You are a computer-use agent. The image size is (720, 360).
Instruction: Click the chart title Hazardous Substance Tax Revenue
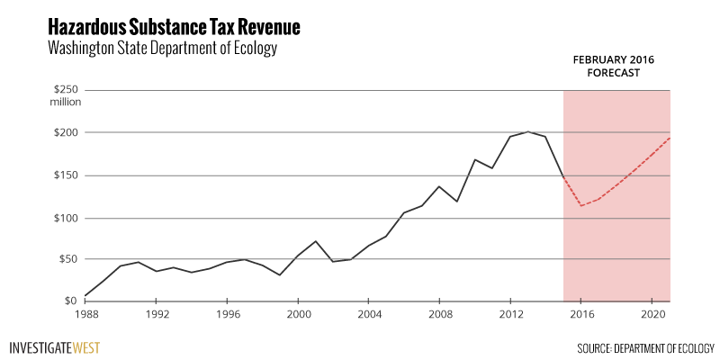(x=174, y=26)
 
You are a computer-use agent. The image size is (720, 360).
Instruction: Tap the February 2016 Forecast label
(x=614, y=66)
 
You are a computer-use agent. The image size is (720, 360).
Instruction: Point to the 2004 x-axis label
(x=368, y=316)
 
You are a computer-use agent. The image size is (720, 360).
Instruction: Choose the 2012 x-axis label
(x=509, y=316)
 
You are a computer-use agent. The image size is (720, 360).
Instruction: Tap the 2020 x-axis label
(x=651, y=316)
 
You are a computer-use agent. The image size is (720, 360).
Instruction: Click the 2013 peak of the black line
(x=527, y=131)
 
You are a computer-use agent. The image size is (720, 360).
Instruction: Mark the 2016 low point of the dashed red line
(x=580, y=206)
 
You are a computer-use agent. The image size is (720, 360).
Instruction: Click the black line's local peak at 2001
(x=315, y=241)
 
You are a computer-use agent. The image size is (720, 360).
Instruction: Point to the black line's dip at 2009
(x=457, y=201)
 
